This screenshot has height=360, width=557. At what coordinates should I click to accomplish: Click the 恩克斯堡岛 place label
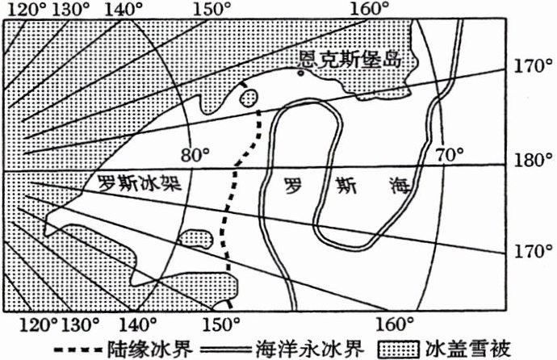pyautogui.click(x=350, y=60)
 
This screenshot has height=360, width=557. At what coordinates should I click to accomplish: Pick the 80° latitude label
pyautogui.click(x=194, y=153)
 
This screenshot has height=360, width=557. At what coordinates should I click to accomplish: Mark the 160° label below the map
pyautogui.click(x=392, y=324)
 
